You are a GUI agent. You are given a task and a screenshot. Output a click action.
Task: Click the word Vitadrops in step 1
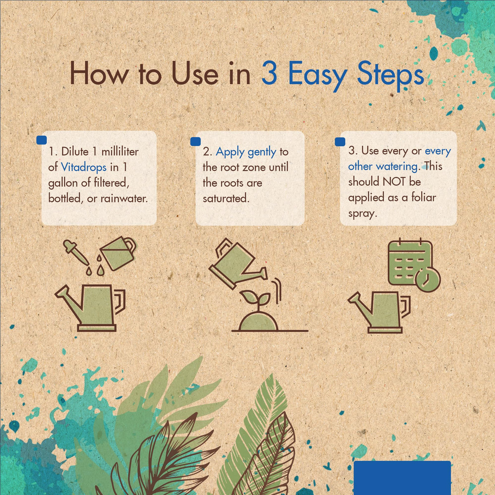tap(84, 167)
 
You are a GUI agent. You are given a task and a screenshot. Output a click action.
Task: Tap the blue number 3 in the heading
tap(269, 73)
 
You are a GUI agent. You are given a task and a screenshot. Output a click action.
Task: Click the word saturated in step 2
tap(226, 198)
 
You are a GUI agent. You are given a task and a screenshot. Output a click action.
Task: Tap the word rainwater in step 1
tap(124, 198)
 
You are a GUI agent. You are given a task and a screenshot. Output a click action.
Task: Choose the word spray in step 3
tap(363, 214)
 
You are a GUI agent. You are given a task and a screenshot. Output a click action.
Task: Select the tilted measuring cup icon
tap(118, 253)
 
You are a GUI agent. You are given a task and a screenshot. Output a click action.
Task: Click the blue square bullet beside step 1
tap(42, 140)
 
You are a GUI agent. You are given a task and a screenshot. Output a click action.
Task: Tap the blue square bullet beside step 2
tap(196, 141)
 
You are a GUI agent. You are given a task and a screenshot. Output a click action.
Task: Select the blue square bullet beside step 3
tap(340, 141)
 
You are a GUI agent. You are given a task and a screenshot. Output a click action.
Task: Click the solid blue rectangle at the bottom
tap(402, 478)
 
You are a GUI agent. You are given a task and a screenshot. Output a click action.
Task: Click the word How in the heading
tap(99, 73)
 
